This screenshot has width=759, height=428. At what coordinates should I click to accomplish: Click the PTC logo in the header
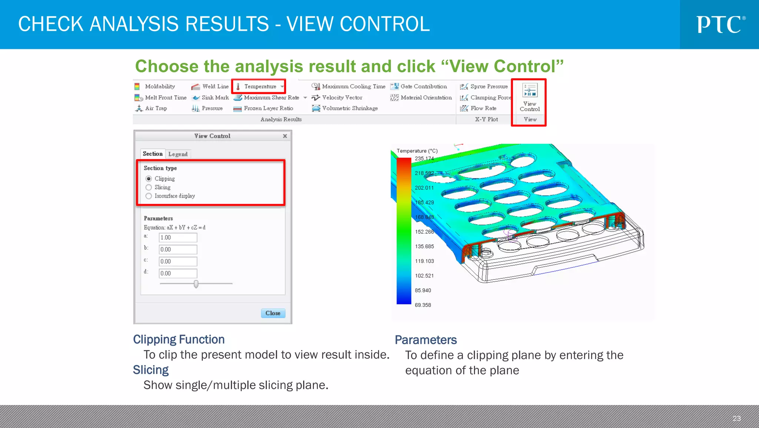click(720, 25)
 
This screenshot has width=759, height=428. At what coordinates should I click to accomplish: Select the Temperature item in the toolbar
click(259, 86)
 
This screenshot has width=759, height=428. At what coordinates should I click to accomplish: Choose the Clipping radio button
click(149, 179)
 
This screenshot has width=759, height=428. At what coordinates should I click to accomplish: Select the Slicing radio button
click(149, 188)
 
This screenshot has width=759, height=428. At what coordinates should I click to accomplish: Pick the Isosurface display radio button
click(149, 196)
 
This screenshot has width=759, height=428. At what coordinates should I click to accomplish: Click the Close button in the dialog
click(273, 313)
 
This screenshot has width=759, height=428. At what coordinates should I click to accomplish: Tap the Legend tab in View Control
click(178, 154)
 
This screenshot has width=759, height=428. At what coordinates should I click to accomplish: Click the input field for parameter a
click(178, 238)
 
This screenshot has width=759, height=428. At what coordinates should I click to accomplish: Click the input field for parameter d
click(178, 273)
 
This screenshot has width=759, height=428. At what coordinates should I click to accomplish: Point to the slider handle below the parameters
click(196, 284)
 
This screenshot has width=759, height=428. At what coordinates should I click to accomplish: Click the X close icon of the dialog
click(285, 136)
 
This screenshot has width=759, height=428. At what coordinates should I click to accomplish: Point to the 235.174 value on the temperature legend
click(424, 159)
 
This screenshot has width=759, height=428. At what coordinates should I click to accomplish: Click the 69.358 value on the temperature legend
click(423, 305)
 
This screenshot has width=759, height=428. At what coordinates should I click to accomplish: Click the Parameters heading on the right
click(425, 340)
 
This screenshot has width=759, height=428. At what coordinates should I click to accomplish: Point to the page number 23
click(736, 418)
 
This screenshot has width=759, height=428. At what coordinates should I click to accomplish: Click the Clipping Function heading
click(179, 339)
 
